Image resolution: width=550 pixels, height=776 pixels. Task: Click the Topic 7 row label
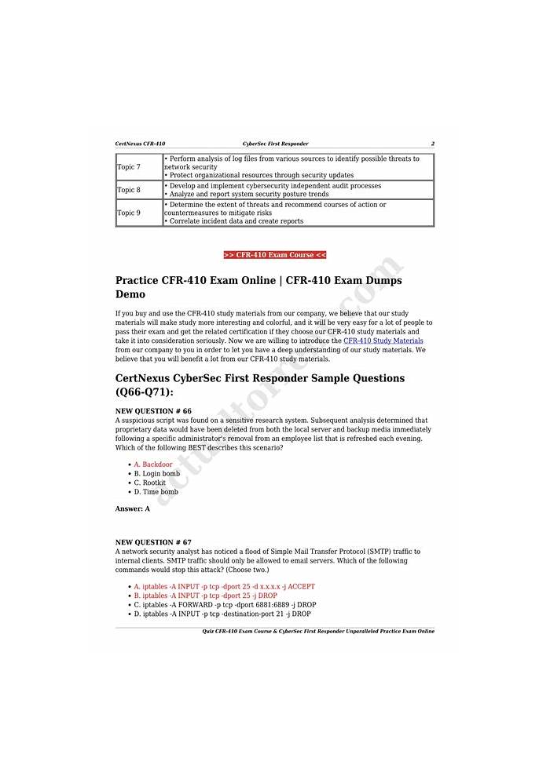(129, 167)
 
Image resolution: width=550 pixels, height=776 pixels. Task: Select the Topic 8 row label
(129, 190)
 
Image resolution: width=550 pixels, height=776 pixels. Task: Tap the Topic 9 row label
(129, 213)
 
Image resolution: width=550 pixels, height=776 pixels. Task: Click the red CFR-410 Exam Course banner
(275, 255)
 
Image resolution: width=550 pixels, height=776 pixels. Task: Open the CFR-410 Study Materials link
(383, 341)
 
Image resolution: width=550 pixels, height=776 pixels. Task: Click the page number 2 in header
(432, 144)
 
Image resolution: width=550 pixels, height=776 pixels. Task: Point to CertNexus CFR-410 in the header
(140, 144)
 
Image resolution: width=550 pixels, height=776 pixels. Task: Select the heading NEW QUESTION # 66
(153, 411)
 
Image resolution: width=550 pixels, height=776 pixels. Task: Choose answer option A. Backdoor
(153, 465)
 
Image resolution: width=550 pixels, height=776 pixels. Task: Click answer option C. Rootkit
(149, 483)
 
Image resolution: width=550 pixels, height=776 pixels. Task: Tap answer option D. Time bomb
(156, 492)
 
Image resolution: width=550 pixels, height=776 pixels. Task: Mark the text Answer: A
(133, 509)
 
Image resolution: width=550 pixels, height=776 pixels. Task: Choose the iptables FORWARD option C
(225, 605)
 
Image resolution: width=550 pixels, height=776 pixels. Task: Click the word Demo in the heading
(130, 294)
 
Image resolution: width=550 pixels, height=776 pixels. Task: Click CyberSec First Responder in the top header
(275, 144)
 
